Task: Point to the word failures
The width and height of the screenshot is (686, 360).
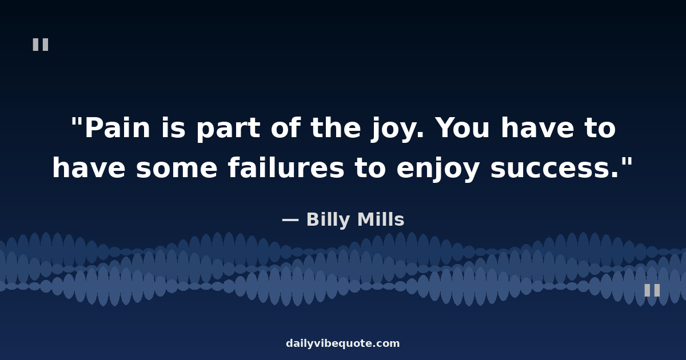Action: (x=286, y=169)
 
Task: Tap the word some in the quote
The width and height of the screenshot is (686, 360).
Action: (x=177, y=169)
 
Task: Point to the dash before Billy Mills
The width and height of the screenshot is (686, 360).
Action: (x=290, y=220)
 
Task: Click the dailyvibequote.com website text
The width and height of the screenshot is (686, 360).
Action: (x=343, y=344)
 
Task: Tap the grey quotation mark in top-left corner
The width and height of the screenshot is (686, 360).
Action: (x=41, y=45)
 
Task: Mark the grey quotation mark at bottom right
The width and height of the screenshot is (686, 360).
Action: (x=652, y=290)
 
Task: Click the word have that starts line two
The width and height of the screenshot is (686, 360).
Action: (x=89, y=169)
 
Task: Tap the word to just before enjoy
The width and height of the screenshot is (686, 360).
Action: (x=370, y=169)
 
